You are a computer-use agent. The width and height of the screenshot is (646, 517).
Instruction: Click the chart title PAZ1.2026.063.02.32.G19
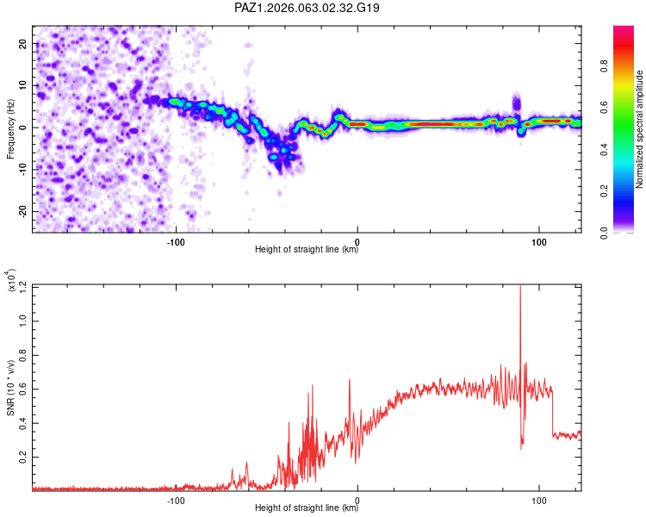(307, 9)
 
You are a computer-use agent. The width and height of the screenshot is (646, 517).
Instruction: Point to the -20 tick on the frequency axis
(22, 211)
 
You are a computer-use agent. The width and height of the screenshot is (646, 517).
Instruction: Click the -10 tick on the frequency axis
(22, 169)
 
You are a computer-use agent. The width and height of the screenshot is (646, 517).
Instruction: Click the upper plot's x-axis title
(307, 250)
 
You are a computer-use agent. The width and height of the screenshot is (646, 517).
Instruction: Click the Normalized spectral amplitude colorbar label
(640, 129)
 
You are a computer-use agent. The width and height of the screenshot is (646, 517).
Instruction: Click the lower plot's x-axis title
(307, 508)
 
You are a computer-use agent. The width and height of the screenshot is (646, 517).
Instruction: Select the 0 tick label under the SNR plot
(357, 498)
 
